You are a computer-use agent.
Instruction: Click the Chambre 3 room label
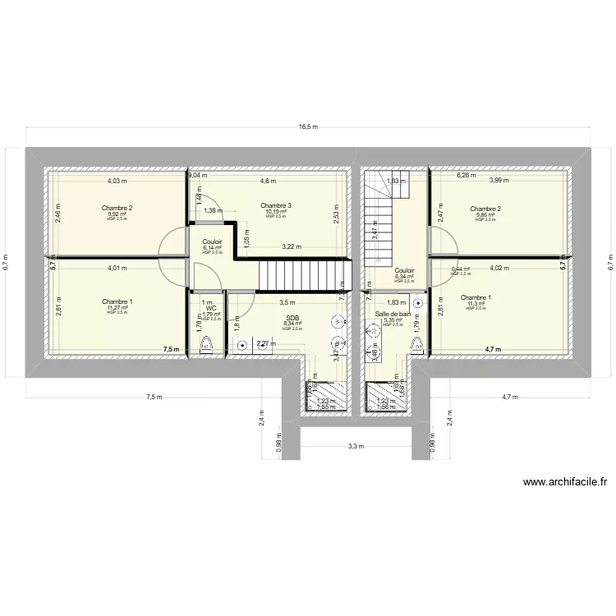[x=277, y=205]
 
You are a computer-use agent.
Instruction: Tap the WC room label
[x=211, y=308]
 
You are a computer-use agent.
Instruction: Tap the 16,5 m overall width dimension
[x=308, y=126]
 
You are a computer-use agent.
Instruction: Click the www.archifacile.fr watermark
[x=564, y=484]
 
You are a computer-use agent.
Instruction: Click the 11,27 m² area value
[x=117, y=308]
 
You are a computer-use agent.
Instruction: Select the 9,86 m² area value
[x=484, y=214]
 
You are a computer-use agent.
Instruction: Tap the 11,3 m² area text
[x=476, y=304]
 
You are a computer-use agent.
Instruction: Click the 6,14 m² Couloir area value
[x=212, y=247]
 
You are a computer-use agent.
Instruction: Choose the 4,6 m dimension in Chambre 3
[x=268, y=181]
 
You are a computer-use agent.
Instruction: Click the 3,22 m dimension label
[x=291, y=246]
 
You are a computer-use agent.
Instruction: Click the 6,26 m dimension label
[x=467, y=175]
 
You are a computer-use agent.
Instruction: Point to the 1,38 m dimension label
[x=213, y=211]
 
